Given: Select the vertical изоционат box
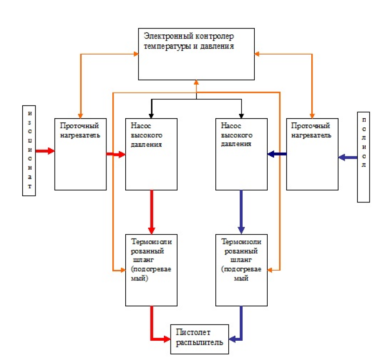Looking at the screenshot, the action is click(29, 150).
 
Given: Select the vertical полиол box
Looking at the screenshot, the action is click(364, 157).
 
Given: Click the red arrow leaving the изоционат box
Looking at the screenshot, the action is click(45, 151).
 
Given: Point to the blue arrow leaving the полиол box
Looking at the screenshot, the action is click(348, 158).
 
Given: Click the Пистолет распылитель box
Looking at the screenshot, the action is click(200, 339).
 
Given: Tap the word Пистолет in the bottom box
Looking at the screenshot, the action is click(193, 332).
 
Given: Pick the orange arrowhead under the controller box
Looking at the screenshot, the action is click(196, 83).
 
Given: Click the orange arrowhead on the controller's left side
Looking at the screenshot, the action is click(136, 54).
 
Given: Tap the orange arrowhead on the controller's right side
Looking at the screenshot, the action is click(257, 54).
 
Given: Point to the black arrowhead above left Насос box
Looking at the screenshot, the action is click(151, 116).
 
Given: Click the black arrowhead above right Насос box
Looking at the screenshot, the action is click(241, 116).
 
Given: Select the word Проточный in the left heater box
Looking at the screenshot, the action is click(80, 126).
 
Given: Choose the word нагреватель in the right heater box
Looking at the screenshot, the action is click(311, 135).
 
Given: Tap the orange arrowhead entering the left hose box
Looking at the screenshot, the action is click(123, 270).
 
